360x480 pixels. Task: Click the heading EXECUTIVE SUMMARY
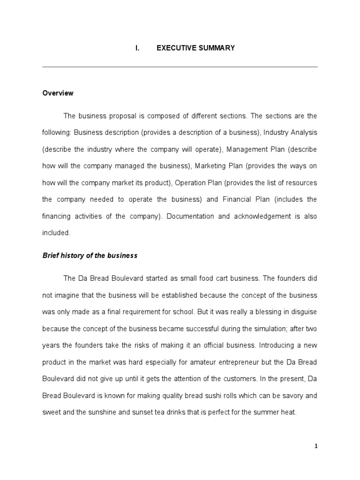195,48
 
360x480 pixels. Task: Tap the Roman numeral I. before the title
137,48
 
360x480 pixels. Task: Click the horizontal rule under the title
180,67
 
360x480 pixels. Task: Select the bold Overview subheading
58,93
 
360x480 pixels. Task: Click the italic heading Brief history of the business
90,255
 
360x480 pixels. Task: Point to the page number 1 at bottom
316,446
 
